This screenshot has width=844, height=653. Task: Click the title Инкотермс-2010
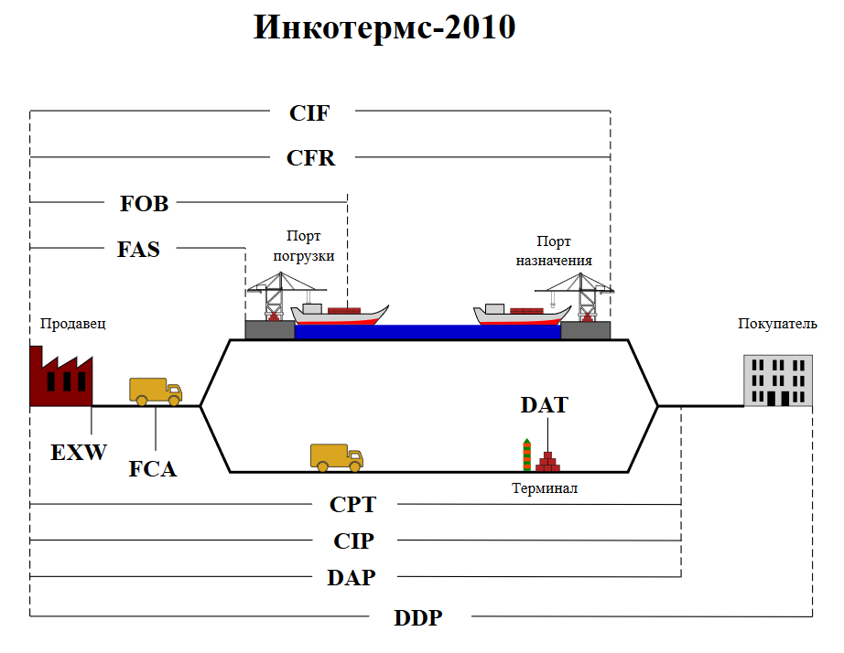click(x=384, y=28)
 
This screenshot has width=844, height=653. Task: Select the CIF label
click(x=309, y=113)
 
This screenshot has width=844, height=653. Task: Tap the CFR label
click(x=311, y=158)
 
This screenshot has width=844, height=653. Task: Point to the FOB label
click(x=145, y=204)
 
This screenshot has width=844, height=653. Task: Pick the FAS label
click(x=138, y=249)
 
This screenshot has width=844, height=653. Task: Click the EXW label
click(x=79, y=452)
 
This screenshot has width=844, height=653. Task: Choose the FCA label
click(x=153, y=470)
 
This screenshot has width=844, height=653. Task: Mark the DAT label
click(x=544, y=405)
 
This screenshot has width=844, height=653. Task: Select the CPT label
click(x=352, y=505)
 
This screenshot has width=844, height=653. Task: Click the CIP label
click(x=353, y=541)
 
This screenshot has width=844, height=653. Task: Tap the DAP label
click(x=352, y=578)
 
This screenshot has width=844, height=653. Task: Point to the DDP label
click(x=418, y=618)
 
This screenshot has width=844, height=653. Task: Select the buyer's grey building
click(x=777, y=380)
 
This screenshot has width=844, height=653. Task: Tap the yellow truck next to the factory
click(x=156, y=391)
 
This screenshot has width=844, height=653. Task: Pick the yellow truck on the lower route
click(x=336, y=457)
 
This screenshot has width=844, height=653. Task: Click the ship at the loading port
click(x=337, y=314)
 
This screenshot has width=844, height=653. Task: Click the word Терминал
click(x=545, y=488)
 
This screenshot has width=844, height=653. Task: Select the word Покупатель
click(x=777, y=324)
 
